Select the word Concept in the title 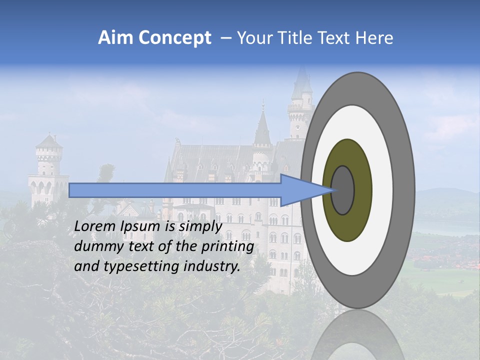click(x=174, y=38)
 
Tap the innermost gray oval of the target click(x=343, y=190)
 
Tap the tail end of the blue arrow click(x=72, y=190)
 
